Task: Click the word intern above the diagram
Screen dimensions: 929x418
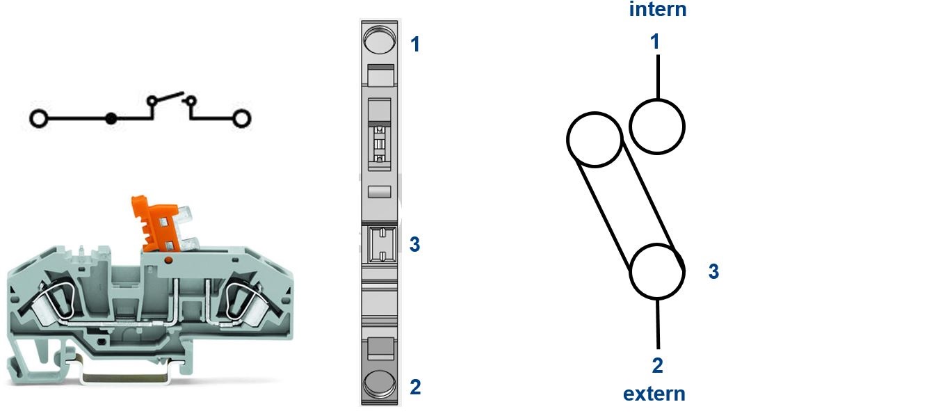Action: pyautogui.click(x=657, y=9)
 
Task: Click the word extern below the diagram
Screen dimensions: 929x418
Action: pyautogui.click(x=654, y=394)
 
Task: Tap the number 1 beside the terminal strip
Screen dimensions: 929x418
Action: pyautogui.click(x=415, y=44)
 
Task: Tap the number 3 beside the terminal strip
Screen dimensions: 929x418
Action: pyautogui.click(x=414, y=244)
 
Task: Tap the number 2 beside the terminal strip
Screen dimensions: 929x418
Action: pyautogui.click(x=415, y=387)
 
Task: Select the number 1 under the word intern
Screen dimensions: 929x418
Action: pyautogui.click(x=655, y=42)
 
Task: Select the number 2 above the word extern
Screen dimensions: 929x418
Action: pyautogui.click(x=657, y=365)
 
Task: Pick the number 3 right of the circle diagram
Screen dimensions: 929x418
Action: pyautogui.click(x=713, y=271)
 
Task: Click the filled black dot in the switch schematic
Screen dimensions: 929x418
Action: pyautogui.click(x=111, y=119)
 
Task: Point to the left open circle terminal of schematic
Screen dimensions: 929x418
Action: pyautogui.click(x=39, y=119)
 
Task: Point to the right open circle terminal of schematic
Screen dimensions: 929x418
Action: pyautogui.click(x=241, y=119)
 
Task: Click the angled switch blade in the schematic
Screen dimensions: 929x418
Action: pyautogui.click(x=168, y=97)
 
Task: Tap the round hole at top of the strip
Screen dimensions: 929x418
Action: pyautogui.click(x=379, y=40)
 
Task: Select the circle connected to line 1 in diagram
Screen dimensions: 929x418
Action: pyautogui.click(x=657, y=127)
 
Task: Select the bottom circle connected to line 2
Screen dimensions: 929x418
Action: pyautogui.click(x=657, y=271)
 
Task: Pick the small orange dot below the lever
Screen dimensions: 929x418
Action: pyautogui.click(x=168, y=260)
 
